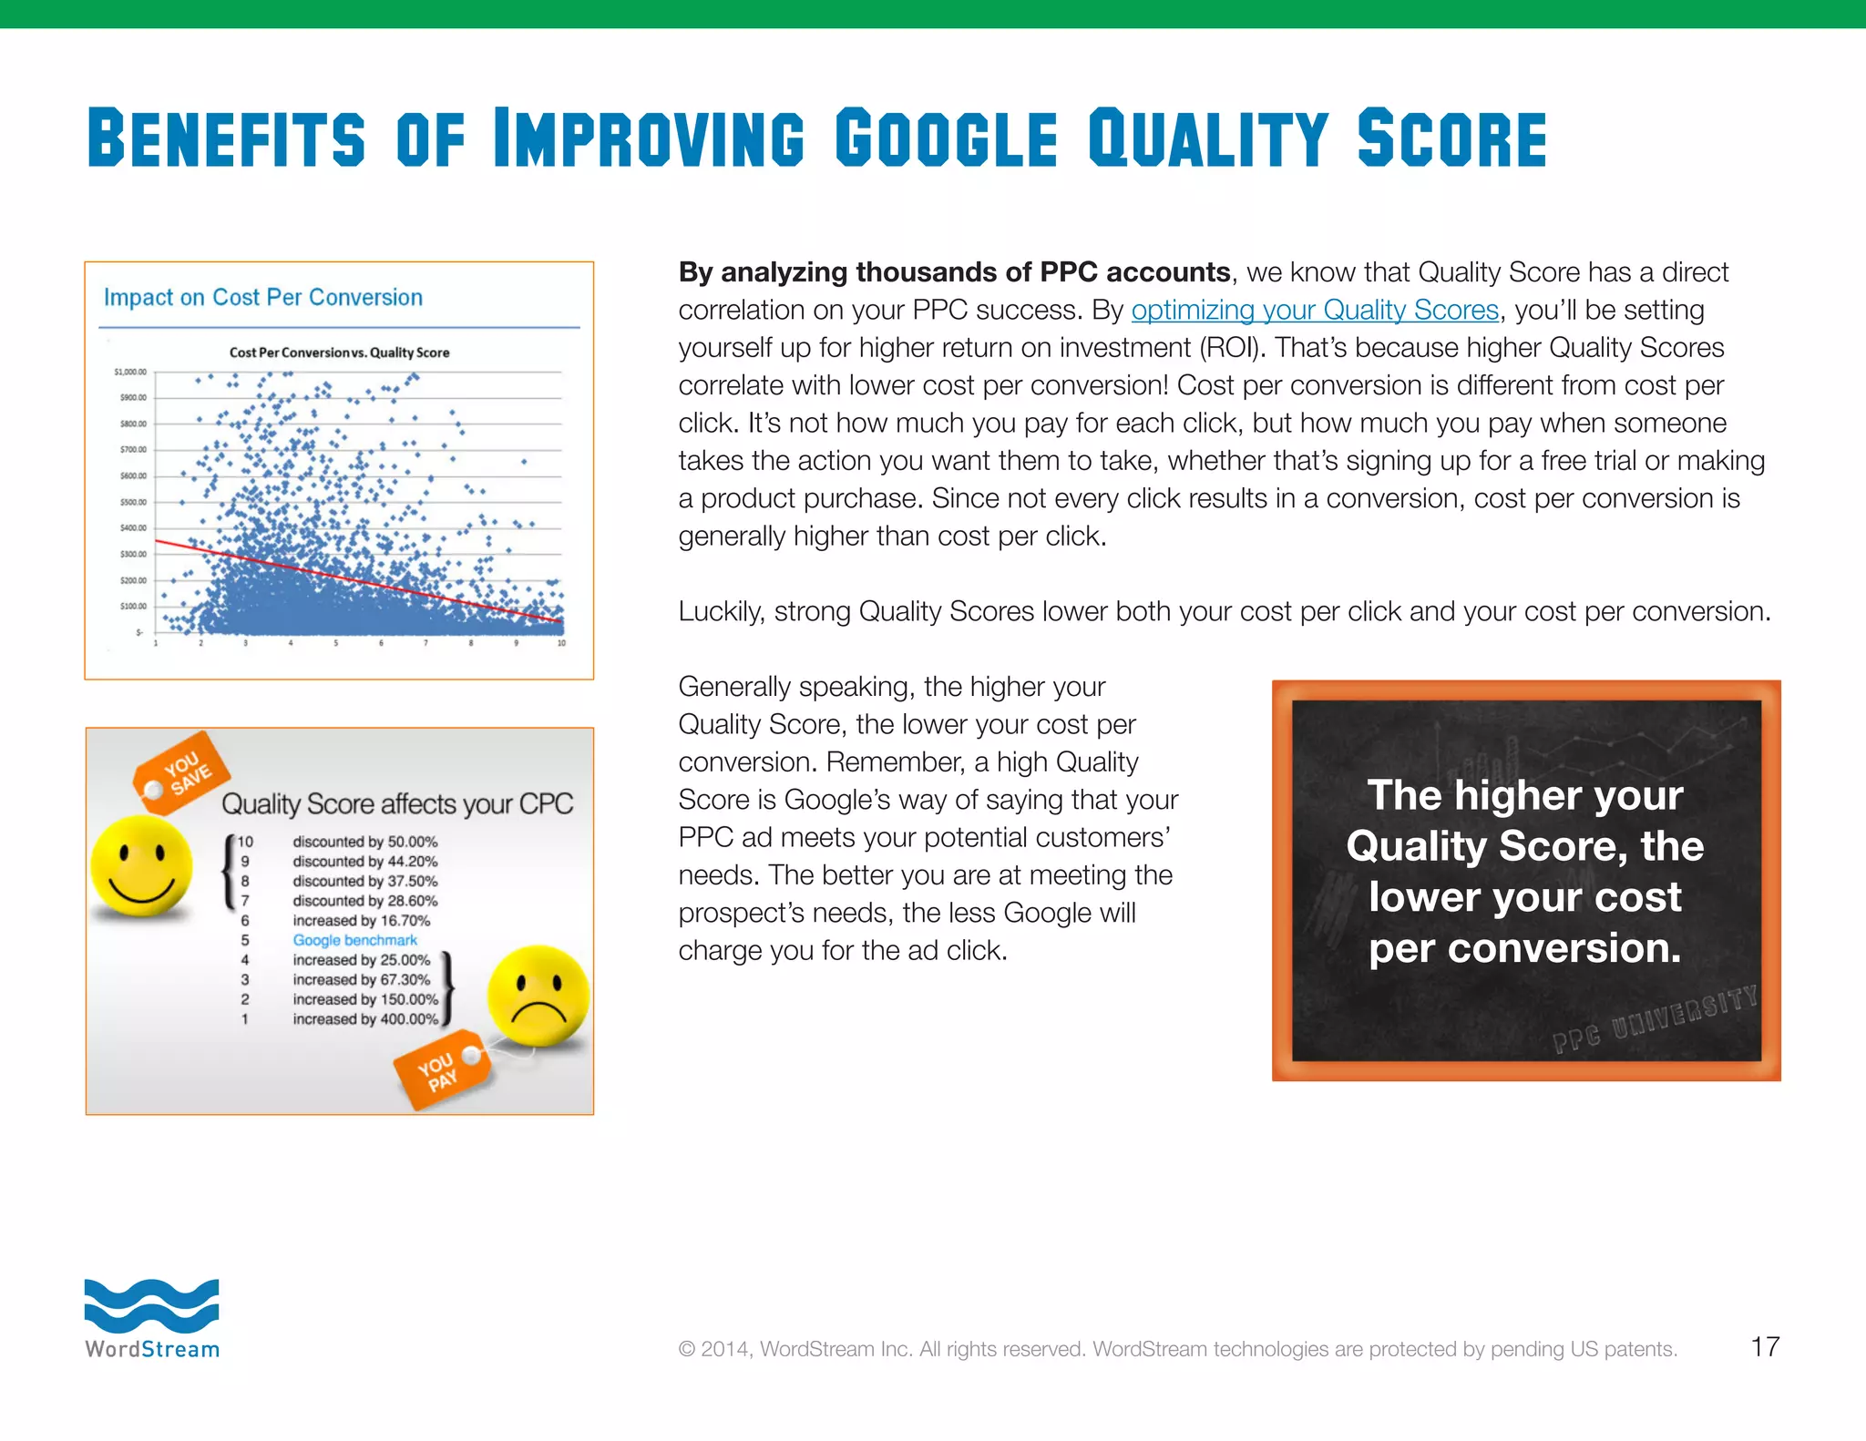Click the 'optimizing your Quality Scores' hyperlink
(1314, 311)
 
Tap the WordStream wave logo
(151, 1305)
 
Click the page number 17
(1765, 1346)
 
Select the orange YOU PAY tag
(440, 1071)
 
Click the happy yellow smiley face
(142, 865)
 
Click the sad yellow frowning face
(538, 996)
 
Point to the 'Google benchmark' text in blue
(354, 940)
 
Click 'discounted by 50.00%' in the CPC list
(364, 842)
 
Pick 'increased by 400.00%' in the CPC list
(364, 1019)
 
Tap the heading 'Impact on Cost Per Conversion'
(262, 298)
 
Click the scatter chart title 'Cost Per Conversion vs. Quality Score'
(339, 353)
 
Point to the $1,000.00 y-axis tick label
(129, 372)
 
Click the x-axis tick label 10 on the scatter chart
(561, 643)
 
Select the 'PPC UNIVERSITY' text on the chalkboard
(1655, 1019)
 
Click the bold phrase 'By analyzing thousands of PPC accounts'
(954, 272)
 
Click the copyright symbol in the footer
(686, 1349)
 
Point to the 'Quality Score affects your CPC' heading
(397, 803)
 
